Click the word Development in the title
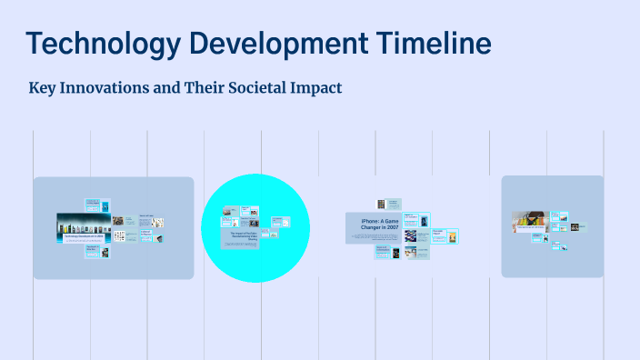click(x=285, y=43)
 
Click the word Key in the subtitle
click(x=43, y=89)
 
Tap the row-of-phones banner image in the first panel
click(x=83, y=222)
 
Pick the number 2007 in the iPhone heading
click(x=390, y=227)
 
